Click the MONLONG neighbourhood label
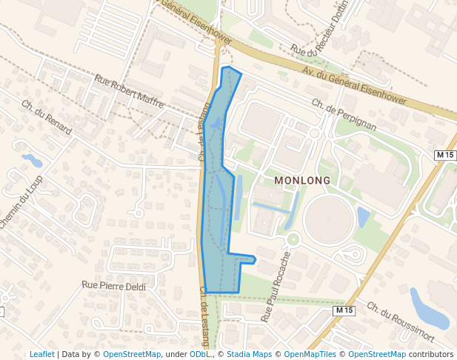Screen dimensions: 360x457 click(304, 180)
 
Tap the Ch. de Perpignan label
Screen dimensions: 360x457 click(344, 116)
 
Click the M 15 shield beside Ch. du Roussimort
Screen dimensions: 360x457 click(344, 310)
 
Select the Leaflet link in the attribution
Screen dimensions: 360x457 click(41, 354)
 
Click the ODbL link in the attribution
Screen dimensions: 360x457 click(199, 354)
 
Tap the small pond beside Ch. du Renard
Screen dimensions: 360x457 click(32, 159)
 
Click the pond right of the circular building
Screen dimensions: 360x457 click(363, 217)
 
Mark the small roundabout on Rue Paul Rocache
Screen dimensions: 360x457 click(293, 239)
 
